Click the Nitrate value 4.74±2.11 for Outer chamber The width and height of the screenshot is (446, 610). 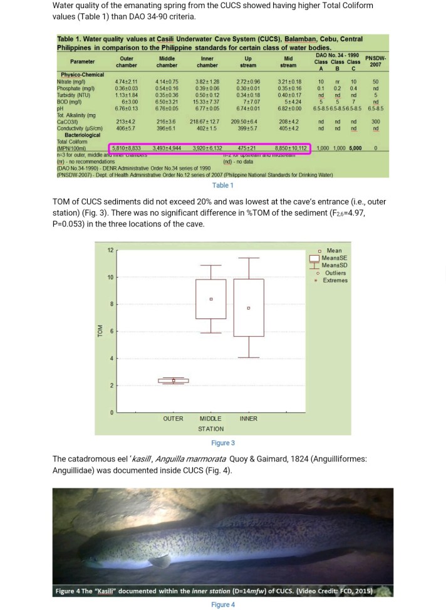click(126, 82)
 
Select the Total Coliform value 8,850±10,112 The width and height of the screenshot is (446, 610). click(288, 148)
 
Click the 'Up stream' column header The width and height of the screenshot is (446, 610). click(248, 61)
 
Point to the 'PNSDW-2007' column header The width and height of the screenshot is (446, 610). click(376, 61)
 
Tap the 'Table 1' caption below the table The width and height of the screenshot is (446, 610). click(222, 186)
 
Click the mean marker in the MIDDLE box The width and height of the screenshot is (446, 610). click(211, 299)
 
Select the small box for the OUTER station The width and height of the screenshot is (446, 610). click(174, 381)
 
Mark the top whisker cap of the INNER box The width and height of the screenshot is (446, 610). click(249, 258)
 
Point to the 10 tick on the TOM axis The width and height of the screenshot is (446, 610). click(111, 277)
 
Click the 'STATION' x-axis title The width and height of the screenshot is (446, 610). click(210, 429)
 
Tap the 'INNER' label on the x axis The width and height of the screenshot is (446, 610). click(249, 418)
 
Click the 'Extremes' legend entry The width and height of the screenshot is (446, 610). click(335, 280)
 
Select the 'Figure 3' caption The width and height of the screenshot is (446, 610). click(222, 443)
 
